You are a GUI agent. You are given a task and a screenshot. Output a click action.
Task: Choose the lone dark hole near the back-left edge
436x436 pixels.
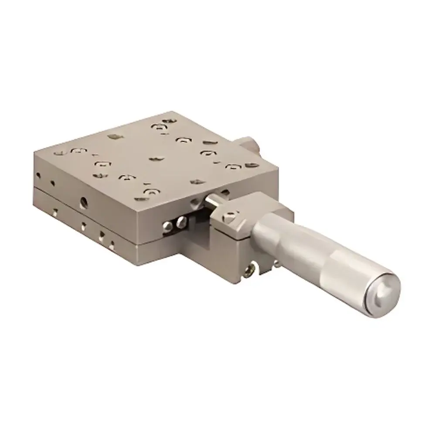click(x=115, y=136)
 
